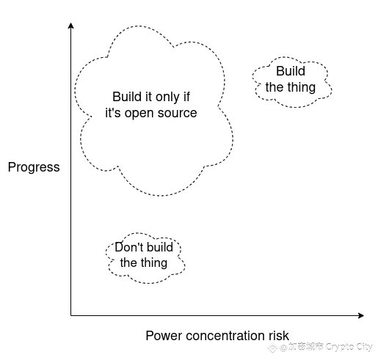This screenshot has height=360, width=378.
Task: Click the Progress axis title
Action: coord(34,168)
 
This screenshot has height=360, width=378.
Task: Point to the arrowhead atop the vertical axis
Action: coord(71,26)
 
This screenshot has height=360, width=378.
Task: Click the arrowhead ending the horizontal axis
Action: coord(361,315)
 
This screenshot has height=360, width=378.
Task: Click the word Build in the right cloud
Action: coord(291,71)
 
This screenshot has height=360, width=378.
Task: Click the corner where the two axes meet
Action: coord(71,315)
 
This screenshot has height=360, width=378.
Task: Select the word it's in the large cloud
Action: coord(112,113)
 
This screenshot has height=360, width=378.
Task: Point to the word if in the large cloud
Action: coord(186,97)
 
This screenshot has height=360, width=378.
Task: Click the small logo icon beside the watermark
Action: coord(272,348)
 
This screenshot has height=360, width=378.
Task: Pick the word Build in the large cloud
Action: coord(127,97)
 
